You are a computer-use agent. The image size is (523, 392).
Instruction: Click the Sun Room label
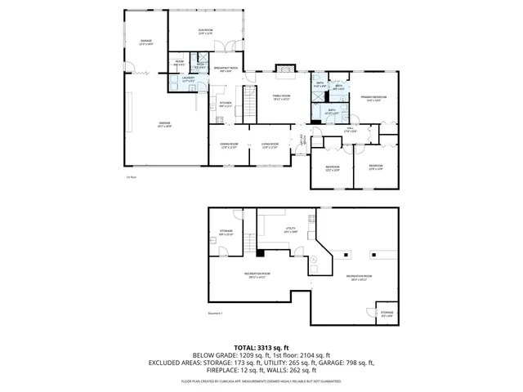[x=204, y=31]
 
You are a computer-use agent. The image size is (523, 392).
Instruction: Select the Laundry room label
[x=188, y=79]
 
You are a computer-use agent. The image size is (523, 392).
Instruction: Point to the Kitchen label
[x=226, y=104]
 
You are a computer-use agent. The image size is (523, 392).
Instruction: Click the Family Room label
[x=281, y=97]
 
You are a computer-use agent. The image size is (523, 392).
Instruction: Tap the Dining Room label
[x=228, y=145]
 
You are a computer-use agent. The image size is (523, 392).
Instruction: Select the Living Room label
[x=270, y=145]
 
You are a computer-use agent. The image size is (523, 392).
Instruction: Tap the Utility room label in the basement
[x=290, y=229]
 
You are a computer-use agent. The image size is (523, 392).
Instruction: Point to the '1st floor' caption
[x=130, y=176]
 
